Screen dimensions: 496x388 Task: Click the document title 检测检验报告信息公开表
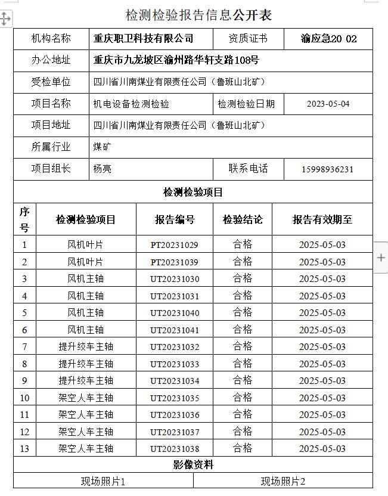tap(198, 15)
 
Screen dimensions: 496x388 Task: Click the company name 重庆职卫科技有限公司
tap(144, 39)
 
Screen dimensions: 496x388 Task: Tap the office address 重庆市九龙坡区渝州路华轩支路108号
tap(176, 60)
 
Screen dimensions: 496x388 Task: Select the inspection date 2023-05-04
tap(328, 104)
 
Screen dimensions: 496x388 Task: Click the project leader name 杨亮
tap(103, 169)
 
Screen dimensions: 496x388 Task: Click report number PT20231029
tap(175, 244)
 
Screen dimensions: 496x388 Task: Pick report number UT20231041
tap(175, 330)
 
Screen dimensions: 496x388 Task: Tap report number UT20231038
tap(175, 449)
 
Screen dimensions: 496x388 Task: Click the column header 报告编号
tap(175, 219)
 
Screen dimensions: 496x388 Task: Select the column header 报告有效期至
tap(322, 219)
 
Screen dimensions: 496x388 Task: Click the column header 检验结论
tap(243, 219)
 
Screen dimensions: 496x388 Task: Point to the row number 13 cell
tap(24, 449)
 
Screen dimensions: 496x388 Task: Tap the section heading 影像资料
tap(193, 465)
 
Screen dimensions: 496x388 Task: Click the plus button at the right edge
tap(381, 258)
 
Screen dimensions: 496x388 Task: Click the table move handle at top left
tap(5, 18)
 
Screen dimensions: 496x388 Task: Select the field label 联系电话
tap(248, 169)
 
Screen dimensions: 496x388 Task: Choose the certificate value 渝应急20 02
tap(329, 39)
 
